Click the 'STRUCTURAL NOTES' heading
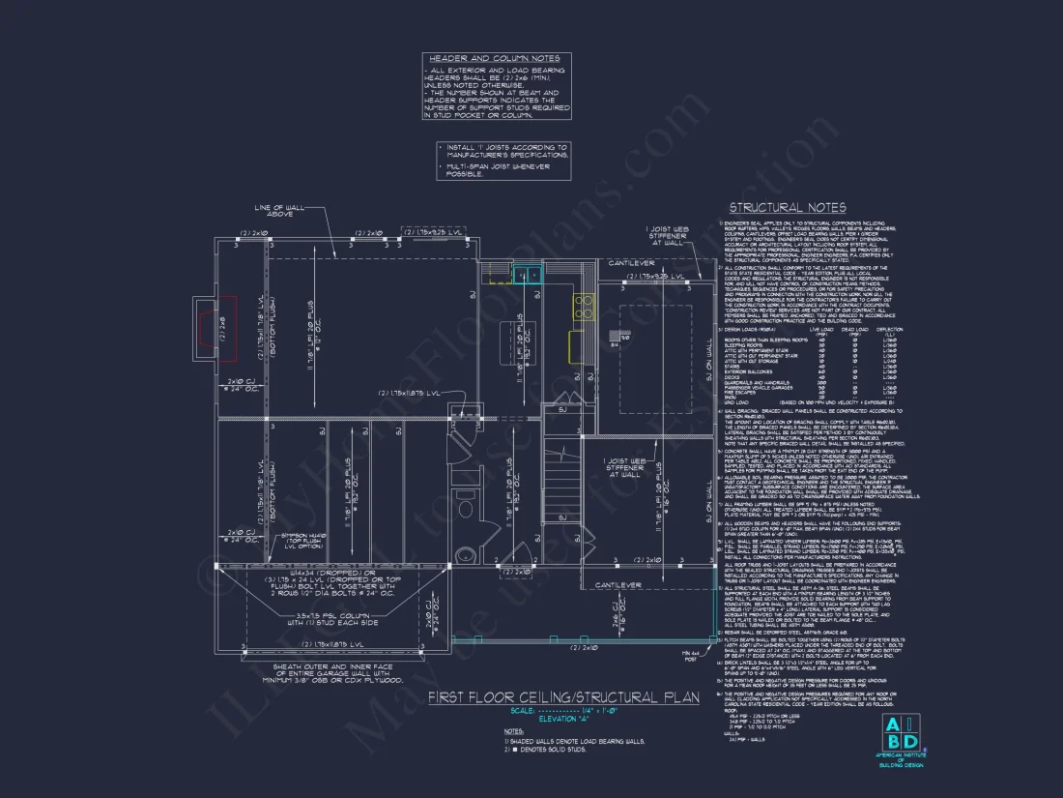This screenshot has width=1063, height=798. (788, 207)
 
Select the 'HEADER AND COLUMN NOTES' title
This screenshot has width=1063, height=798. (494, 58)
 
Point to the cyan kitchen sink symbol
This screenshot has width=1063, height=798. (527, 276)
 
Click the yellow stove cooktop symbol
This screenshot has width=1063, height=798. (583, 307)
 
